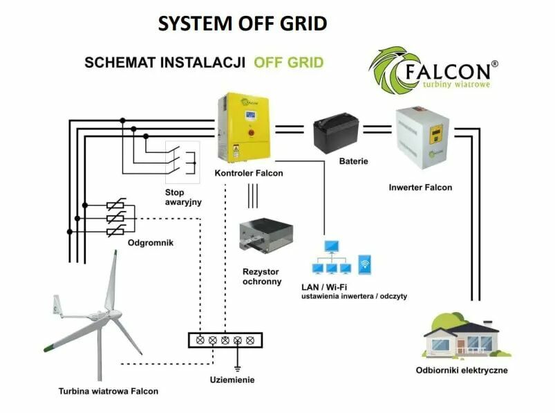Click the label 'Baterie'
click(x=353, y=161)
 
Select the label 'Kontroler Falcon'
click(x=248, y=173)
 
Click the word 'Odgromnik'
click(x=149, y=243)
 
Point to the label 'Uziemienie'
click(x=232, y=380)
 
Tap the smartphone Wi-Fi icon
click(x=365, y=265)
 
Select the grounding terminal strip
click(x=225, y=340)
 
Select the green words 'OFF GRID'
click(x=288, y=62)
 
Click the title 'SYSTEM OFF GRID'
click(x=243, y=23)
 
